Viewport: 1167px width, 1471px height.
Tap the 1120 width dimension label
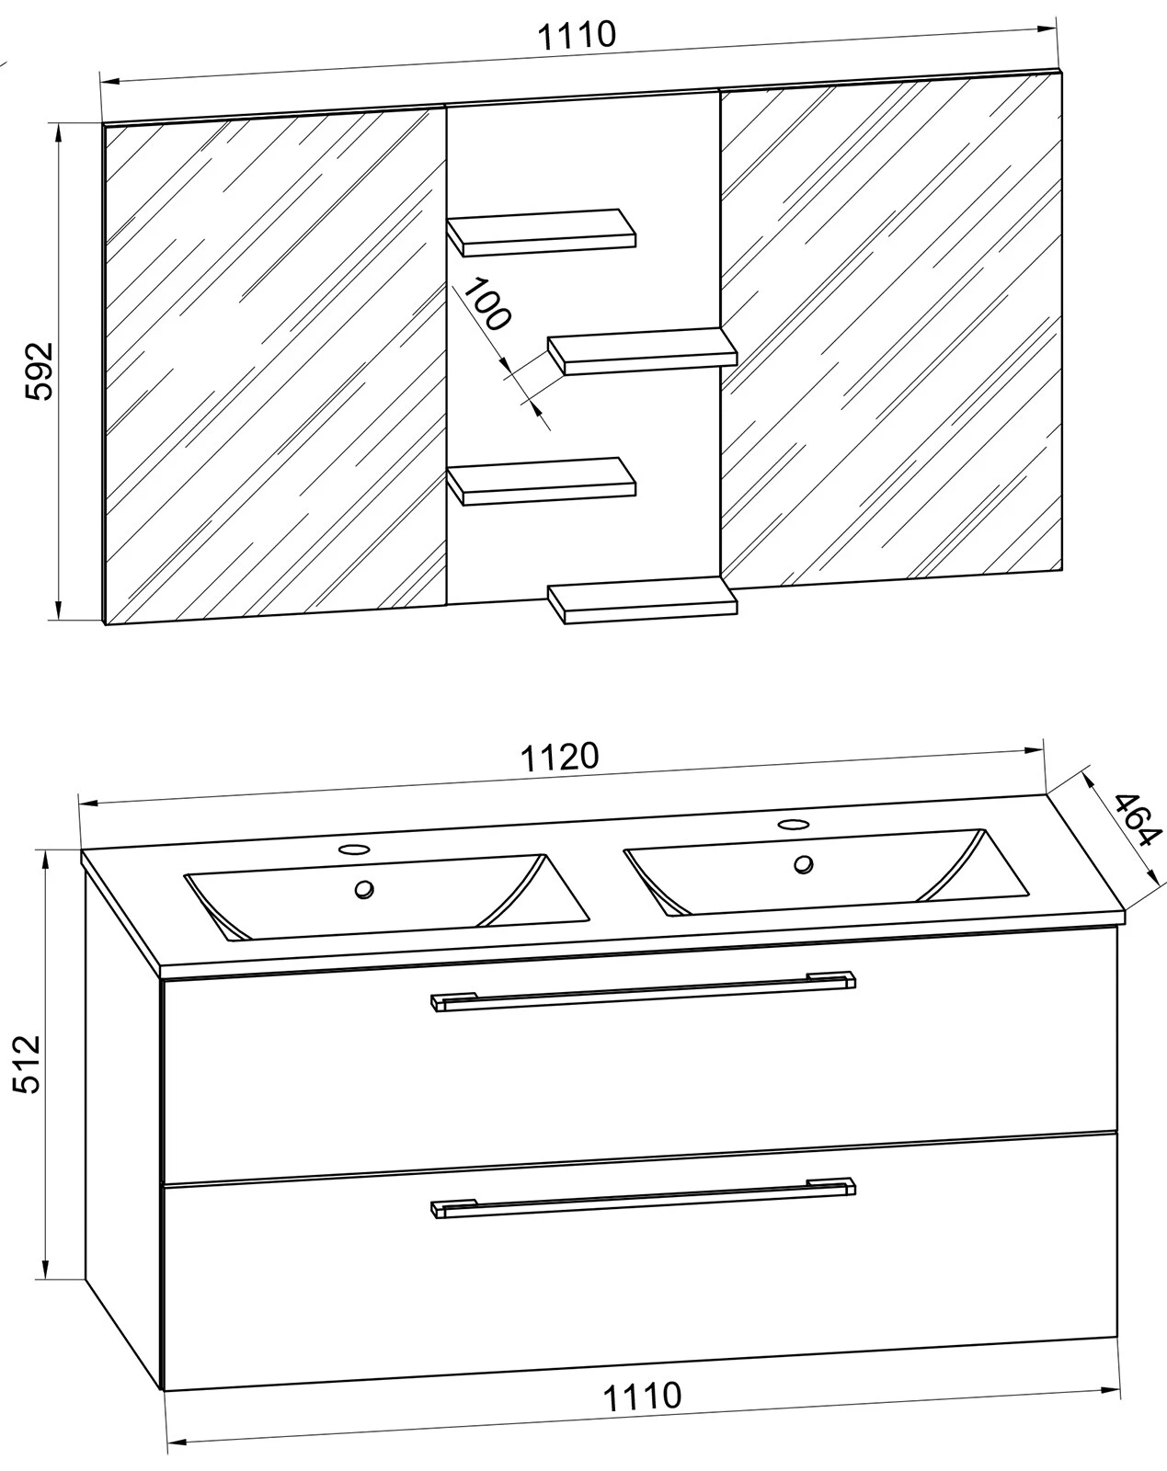point(560,756)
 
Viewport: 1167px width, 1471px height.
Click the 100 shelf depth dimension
point(485,304)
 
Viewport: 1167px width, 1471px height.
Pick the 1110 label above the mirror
point(576,36)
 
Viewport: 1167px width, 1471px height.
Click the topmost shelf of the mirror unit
point(543,232)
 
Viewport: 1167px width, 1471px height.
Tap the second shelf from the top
point(644,349)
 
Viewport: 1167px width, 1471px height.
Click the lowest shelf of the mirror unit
point(644,599)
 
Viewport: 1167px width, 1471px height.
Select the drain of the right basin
point(805,863)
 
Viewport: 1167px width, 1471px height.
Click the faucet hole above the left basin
point(352,849)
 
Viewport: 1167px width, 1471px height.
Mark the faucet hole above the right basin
point(791,824)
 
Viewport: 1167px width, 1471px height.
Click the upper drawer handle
point(643,989)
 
